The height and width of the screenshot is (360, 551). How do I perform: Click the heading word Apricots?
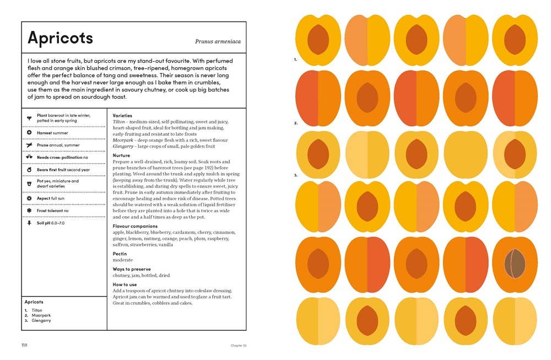point(60,38)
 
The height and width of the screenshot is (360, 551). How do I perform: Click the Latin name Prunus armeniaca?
point(218,41)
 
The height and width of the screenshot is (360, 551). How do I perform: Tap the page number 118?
point(24,346)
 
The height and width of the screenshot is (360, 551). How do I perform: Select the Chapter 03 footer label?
point(237,346)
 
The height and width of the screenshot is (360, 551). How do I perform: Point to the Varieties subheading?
point(122,116)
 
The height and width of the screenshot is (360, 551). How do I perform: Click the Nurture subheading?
point(121,155)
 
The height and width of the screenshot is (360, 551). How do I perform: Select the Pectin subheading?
point(120,254)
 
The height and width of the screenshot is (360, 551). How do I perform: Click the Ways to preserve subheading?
point(133,269)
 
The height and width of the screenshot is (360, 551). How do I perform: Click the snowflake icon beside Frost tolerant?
point(29,211)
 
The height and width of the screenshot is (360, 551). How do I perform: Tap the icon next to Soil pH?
point(29,223)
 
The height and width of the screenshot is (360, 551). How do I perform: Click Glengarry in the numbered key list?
point(41,320)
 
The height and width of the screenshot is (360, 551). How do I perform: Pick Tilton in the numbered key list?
point(37,310)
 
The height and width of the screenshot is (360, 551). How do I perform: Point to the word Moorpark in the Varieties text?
point(123,140)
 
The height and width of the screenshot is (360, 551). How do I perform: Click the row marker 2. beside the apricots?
point(296,123)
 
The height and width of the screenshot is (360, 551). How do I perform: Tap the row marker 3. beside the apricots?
point(296,175)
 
